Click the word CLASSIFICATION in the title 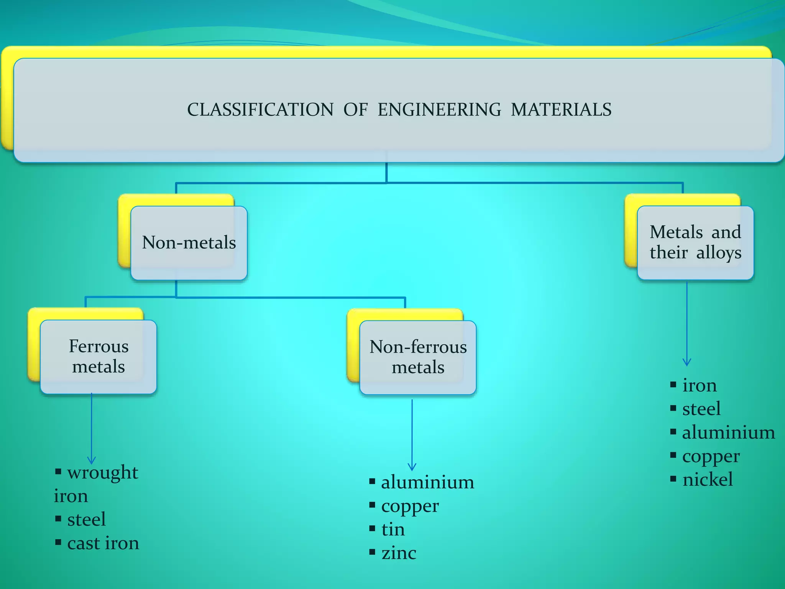tap(260, 110)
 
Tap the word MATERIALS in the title tap(561, 110)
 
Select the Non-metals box tap(189, 243)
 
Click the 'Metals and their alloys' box tap(695, 242)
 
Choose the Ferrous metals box tap(99, 357)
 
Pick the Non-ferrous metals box tap(418, 357)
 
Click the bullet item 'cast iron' tap(103, 543)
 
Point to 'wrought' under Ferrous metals tap(102, 473)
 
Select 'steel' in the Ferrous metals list tap(86, 520)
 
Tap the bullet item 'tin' tap(393, 530)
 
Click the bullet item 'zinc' tap(399, 553)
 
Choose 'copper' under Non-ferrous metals tap(410, 506)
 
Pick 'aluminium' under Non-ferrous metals tap(427, 482)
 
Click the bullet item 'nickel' tap(708, 479)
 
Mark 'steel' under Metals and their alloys tap(701, 409)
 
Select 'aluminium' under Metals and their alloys tap(728, 433)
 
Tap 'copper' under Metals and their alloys tap(711, 456)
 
